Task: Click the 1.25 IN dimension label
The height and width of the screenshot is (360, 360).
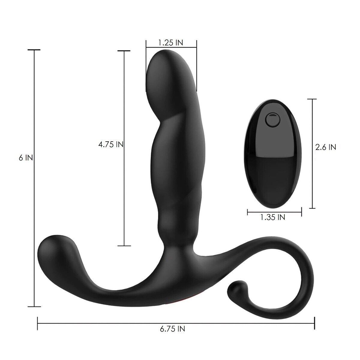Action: [171, 43]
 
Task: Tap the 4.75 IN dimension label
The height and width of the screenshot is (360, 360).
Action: [111, 145]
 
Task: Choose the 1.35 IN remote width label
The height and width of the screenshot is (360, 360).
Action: [273, 217]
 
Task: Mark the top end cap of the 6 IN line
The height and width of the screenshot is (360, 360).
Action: [34, 50]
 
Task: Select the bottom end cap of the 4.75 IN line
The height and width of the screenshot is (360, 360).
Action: [124, 246]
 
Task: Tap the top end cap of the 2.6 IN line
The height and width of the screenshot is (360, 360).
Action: [312, 99]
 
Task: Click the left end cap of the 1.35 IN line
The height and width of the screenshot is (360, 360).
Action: [247, 213]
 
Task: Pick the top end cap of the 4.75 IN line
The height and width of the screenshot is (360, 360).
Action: [124, 51]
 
